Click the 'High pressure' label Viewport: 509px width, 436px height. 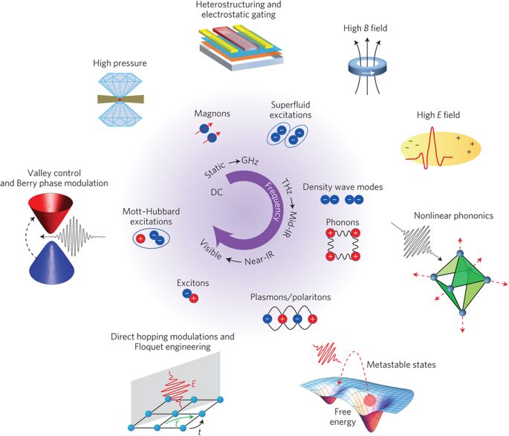click(x=120, y=64)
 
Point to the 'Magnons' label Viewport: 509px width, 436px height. click(x=212, y=112)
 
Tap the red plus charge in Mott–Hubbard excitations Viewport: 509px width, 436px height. click(x=141, y=238)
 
